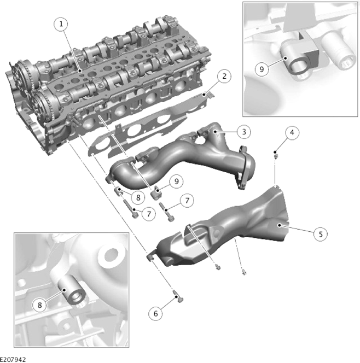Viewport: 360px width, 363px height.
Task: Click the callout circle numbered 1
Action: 61,24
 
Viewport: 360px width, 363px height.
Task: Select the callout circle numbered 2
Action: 224,76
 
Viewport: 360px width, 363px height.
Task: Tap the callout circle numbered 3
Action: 243,132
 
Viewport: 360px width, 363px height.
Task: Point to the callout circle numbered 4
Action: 292,133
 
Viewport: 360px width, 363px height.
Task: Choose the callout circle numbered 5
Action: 321,234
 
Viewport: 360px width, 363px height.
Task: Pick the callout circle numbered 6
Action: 155,314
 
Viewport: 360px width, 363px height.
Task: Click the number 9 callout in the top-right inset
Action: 262,69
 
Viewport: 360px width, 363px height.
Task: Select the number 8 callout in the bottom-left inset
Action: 39,305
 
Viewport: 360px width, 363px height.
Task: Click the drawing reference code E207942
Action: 13,359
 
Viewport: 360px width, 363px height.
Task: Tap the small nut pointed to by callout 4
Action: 276,156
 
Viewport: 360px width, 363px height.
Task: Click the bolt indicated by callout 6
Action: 178,297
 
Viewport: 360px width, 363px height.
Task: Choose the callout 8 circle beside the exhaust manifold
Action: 138,197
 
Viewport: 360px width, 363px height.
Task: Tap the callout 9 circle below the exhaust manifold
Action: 177,181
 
